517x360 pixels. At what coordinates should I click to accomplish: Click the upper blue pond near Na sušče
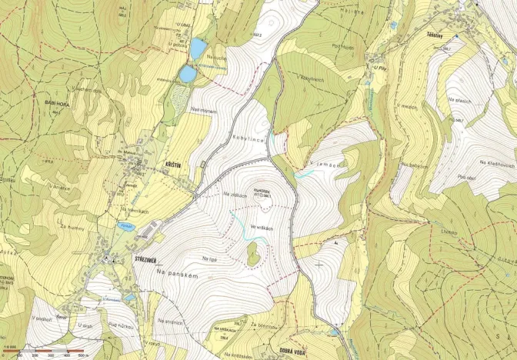tap(198, 48)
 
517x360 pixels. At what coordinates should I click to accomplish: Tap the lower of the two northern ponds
tap(188, 74)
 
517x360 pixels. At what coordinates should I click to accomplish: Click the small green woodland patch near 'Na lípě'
tap(253, 254)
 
